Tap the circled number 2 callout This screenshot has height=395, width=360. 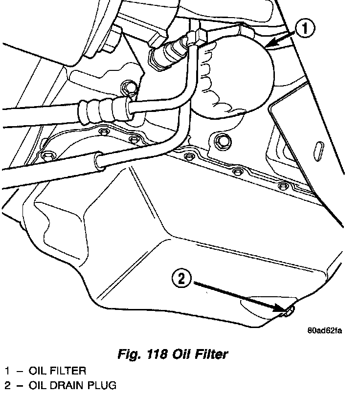(x=181, y=279)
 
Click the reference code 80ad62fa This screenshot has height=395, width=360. (x=324, y=330)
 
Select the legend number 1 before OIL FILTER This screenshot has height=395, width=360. (x=7, y=371)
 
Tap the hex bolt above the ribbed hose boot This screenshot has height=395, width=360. (x=130, y=88)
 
